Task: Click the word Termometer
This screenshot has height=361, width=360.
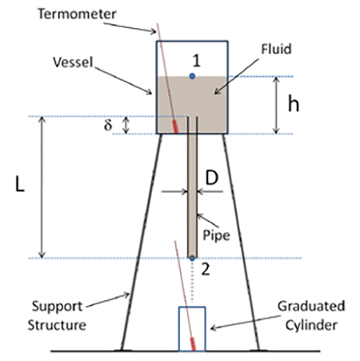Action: click(77, 14)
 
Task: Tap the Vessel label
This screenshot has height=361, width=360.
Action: click(73, 62)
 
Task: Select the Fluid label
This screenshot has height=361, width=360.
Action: click(276, 49)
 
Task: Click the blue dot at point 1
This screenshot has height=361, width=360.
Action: click(192, 77)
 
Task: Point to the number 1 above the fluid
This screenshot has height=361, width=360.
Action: click(197, 61)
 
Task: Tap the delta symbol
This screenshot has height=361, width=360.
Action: click(108, 125)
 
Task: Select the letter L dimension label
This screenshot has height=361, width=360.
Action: click(20, 184)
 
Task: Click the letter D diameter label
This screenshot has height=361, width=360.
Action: click(212, 178)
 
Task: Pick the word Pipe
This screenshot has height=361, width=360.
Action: click(216, 235)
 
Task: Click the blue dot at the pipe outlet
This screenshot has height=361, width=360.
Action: click(192, 258)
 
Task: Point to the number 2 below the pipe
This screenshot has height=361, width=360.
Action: click(206, 269)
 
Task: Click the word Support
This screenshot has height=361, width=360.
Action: click(57, 307)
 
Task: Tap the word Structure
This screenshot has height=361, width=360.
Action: click(57, 325)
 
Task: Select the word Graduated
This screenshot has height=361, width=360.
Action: click(311, 307)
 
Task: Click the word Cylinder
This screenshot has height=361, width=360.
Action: click(311, 326)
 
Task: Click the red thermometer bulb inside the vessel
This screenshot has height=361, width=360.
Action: click(175, 126)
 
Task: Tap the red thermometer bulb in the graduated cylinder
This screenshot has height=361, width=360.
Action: click(193, 344)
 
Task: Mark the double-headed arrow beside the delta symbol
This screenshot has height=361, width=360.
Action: click(126, 125)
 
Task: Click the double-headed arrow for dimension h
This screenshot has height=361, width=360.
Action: click(277, 105)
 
